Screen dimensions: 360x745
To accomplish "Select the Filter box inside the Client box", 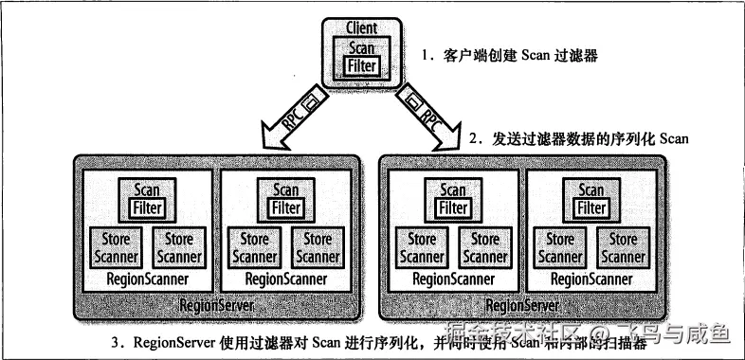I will (x=361, y=65).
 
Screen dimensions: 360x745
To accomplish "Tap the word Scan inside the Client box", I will (x=361, y=47).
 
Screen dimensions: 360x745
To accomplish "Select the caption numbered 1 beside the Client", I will (x=512, y=57).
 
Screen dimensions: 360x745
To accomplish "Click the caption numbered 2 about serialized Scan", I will (x=577, y=138).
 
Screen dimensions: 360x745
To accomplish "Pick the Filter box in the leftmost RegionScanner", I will (x=147, y=207).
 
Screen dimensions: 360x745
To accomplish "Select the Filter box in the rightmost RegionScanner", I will (x=591, y=207).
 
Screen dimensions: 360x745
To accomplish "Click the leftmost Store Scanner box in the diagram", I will (x=116, y=247).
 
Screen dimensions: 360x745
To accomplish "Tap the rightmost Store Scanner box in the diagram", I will (x=623, y=247).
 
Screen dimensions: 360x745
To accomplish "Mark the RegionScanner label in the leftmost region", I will (x=147, y=279).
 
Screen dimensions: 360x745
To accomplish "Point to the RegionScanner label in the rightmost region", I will (x=591, y=279).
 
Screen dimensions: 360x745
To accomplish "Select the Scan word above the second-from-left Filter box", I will (x=285, y=190).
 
